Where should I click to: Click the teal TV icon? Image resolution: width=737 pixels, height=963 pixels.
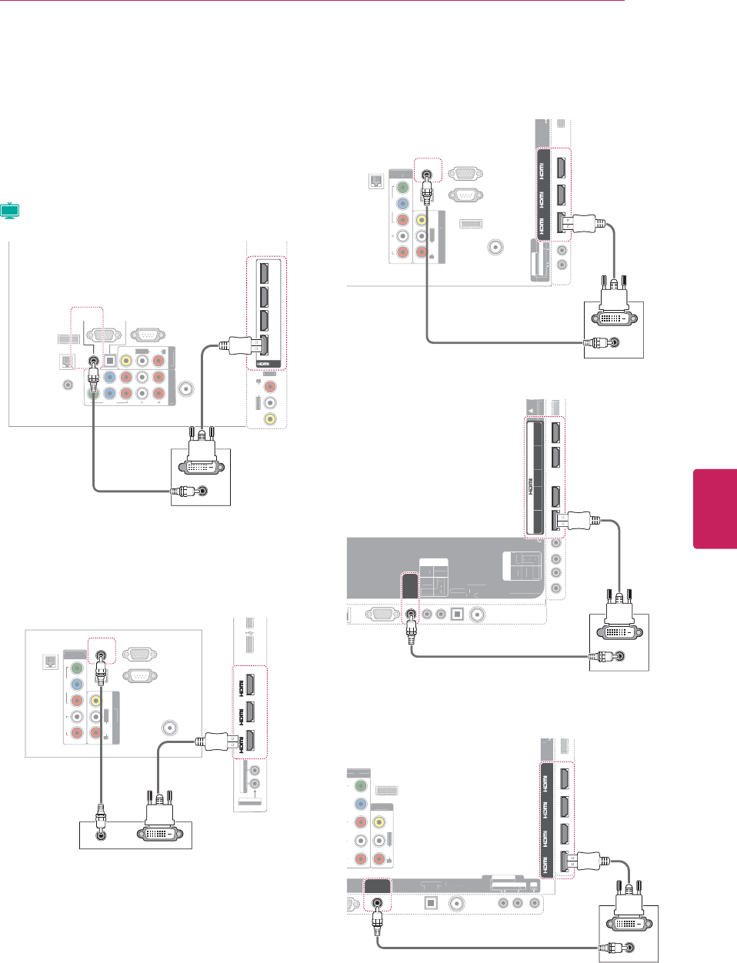tap(10, 211)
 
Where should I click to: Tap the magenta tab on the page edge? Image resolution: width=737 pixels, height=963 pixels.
tap(715, 508)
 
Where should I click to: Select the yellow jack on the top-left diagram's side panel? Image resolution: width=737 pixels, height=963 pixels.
tap(269, 419)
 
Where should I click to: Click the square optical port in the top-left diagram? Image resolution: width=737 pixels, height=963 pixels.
tap(109, 359)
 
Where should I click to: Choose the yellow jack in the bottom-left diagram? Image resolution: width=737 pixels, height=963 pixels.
tap(95, 701)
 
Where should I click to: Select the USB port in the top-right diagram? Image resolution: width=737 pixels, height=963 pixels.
tap(470, 224)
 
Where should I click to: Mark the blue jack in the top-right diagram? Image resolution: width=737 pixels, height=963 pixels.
tap(402, 204)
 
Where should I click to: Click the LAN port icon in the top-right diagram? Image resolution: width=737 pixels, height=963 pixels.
tap(374, 182)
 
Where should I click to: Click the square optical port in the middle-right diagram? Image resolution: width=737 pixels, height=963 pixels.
tap(457, 615)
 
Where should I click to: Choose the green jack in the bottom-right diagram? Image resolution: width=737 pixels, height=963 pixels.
tap(359, 786)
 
